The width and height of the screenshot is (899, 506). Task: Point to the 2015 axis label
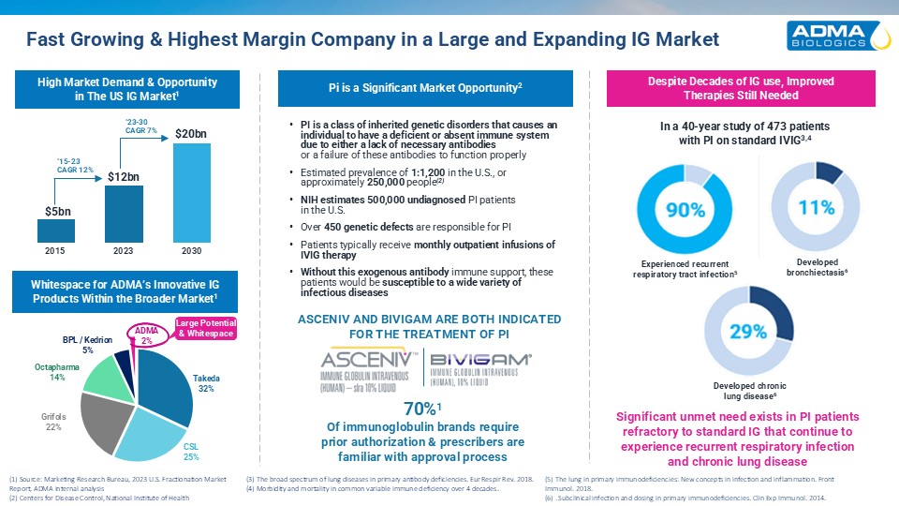click(x=55, y=252)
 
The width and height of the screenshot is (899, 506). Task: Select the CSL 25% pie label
click(x=190, y=451)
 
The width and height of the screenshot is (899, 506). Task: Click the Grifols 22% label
click(x=53, y=421)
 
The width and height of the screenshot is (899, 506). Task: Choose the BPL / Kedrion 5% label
click(x=86, y=343)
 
